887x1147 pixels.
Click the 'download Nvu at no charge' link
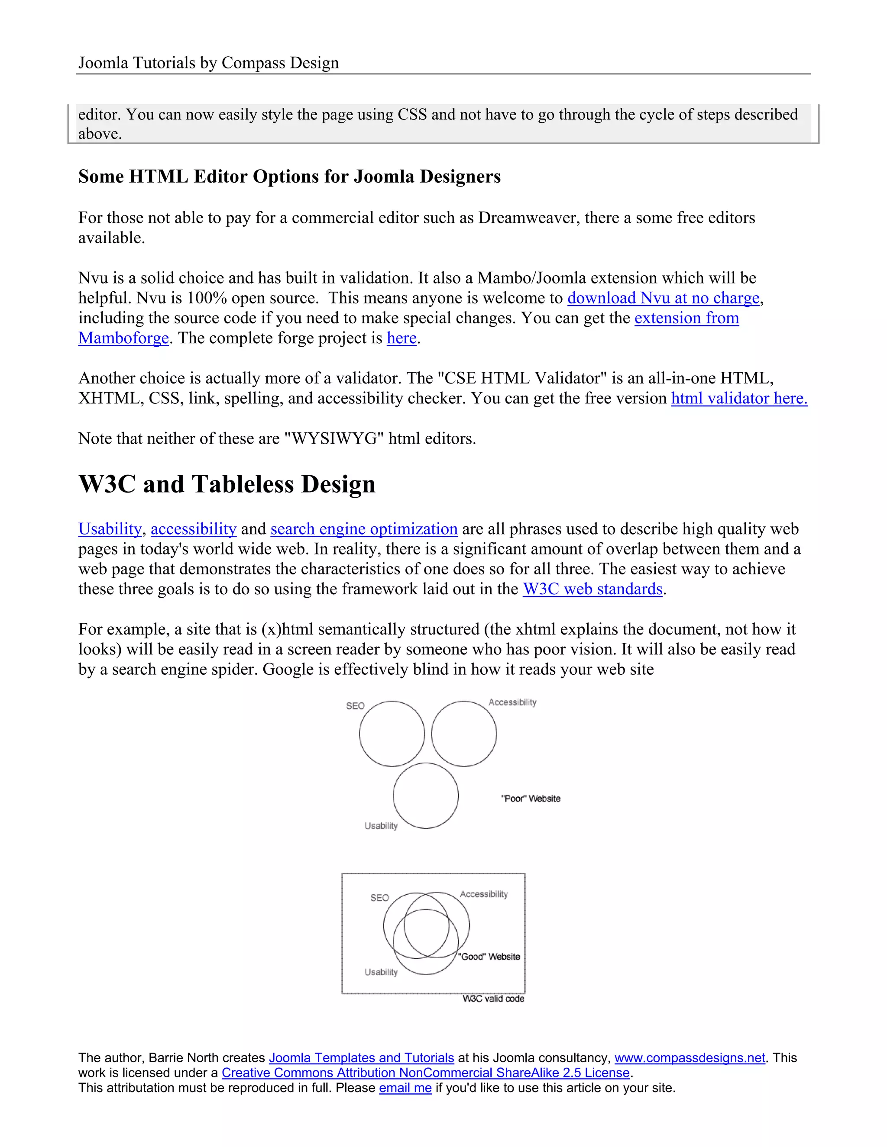[x=663, y=298]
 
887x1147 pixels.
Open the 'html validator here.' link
[x=739, y=398]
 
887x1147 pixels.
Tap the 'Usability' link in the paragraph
[x=110, y=529]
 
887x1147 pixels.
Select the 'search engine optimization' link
[x=364, y=529]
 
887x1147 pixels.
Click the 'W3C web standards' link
[x=592, y=589]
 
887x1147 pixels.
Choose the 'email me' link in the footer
[x=405, y=1088]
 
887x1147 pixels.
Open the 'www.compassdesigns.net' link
[x=690, y=1058]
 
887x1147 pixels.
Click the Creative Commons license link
[x=425, y=1073]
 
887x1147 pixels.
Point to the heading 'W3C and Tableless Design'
[x=227, y=484]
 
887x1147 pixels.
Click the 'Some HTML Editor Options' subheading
[x=289, y=177]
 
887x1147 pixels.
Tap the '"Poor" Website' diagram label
[x=531, y=798]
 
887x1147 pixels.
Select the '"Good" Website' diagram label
[x=489, y=957]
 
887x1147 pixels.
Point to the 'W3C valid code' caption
[x=493, y=999]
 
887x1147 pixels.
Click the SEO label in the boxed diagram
[x=379, y=898]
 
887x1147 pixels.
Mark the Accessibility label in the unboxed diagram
[x=512, y=702]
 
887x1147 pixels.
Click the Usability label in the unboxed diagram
[x=381, y=825]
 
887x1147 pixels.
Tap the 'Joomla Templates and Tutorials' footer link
[x=361, y=1058]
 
